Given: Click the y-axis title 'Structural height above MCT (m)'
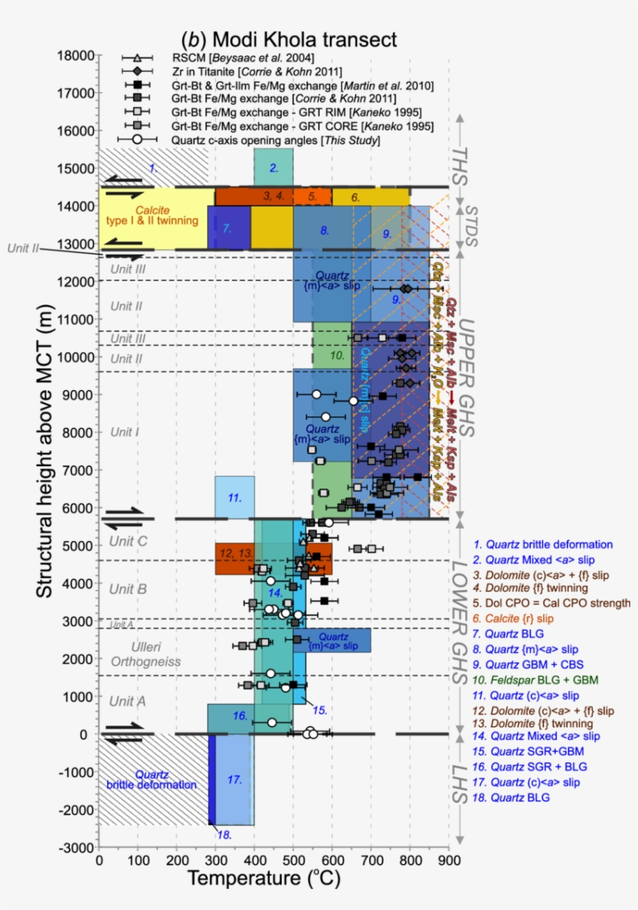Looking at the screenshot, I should [x=45, y=451].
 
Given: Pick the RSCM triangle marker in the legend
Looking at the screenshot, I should [x=137, y=58].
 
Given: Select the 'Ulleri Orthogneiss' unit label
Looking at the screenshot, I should [x=147, y=654].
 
